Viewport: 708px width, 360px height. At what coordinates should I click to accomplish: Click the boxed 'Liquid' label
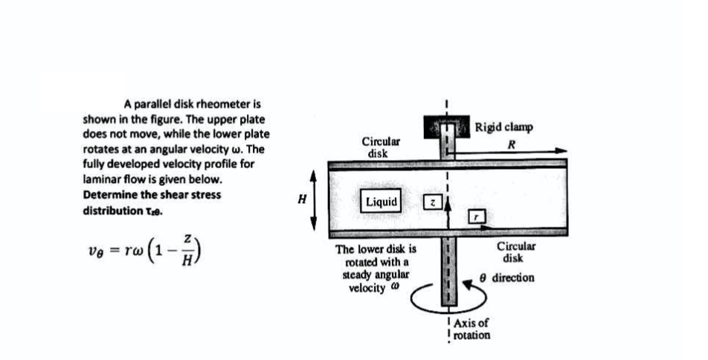pos(382,202)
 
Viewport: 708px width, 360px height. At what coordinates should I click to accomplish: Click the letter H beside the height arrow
pos(301,199)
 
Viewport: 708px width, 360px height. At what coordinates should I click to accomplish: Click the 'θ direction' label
pos(506,277)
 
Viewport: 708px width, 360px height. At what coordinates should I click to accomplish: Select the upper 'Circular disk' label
pos(379,146)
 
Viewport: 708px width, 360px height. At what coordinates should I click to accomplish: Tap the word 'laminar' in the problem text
pos(102,180)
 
